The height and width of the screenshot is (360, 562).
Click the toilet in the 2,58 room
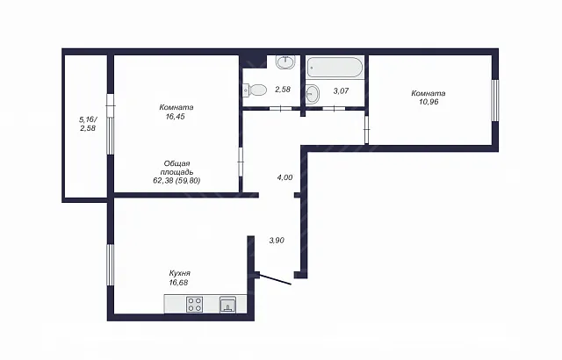pyautogui.click(x=255, y=90)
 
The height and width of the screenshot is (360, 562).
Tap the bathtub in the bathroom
pyautogui.click(x=335, y=67)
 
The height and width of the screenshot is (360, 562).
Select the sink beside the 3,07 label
pyautogui.click(x=313, y=93)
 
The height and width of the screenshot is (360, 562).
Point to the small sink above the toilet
pyautogui.click(x=285, y=62)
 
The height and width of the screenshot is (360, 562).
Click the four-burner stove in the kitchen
pyautogui.click(x=195, y=305)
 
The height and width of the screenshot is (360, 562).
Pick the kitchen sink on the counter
pyautogui.click(x=227, y=305)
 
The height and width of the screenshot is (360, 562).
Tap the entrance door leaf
pyautogui.click(x=275, y=280)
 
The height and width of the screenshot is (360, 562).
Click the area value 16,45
pyautogui.click(x=176, y=117)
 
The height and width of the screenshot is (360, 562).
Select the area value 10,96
pyautogui.click(x=429, y=102)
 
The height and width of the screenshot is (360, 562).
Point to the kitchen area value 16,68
pyautogui.click(x=178, y=283)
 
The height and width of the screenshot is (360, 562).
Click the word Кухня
pyautogui.click(x=179, y=273)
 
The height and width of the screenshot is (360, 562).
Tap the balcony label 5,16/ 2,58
pyautogui.click(x=88, y=124)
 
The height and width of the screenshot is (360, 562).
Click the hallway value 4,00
pyautogui.click(x=285, y=177)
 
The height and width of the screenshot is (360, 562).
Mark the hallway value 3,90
pyautogui.click(x=277, y=241)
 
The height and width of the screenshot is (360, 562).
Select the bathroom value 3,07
pyautogui.click(x=341, y=91)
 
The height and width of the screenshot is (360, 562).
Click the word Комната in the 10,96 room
pyautogui.click(x=429, y=93)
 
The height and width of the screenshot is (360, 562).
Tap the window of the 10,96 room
pyautogui.click(x=495, y=100)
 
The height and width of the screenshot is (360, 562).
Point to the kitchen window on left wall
pyautogui.click(x=111, y=265)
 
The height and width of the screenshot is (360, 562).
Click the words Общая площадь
pyautogui.click(x=177, y=168)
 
